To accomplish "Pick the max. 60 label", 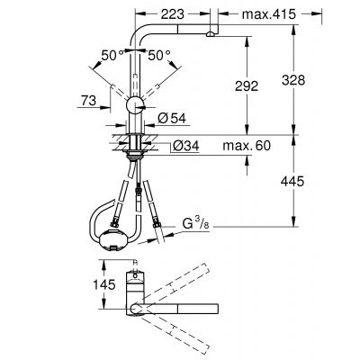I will point(247,144).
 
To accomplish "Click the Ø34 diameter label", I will point(175,144).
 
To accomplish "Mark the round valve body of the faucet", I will point(134,106).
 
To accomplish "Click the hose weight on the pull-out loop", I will point(114,237).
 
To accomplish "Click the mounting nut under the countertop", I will point(134,153).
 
